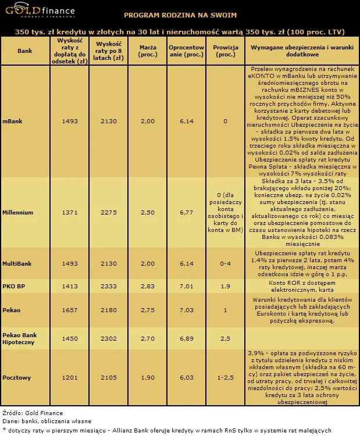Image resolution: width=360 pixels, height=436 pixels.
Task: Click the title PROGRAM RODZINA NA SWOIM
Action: (181, 15)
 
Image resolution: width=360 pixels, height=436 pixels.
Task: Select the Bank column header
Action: (24, 51)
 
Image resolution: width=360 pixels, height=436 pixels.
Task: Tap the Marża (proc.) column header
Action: (148, 51)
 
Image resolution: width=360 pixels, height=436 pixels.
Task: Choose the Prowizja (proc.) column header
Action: (225, 51)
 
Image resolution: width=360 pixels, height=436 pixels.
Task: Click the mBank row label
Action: (13, 121)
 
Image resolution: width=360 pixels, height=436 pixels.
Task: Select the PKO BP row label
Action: (13, 286)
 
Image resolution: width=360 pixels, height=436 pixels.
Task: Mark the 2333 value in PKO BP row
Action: (109, 286)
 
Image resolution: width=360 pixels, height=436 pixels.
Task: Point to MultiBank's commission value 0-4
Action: (225, 263)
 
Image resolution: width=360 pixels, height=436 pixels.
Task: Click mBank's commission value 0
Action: (225, 121)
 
